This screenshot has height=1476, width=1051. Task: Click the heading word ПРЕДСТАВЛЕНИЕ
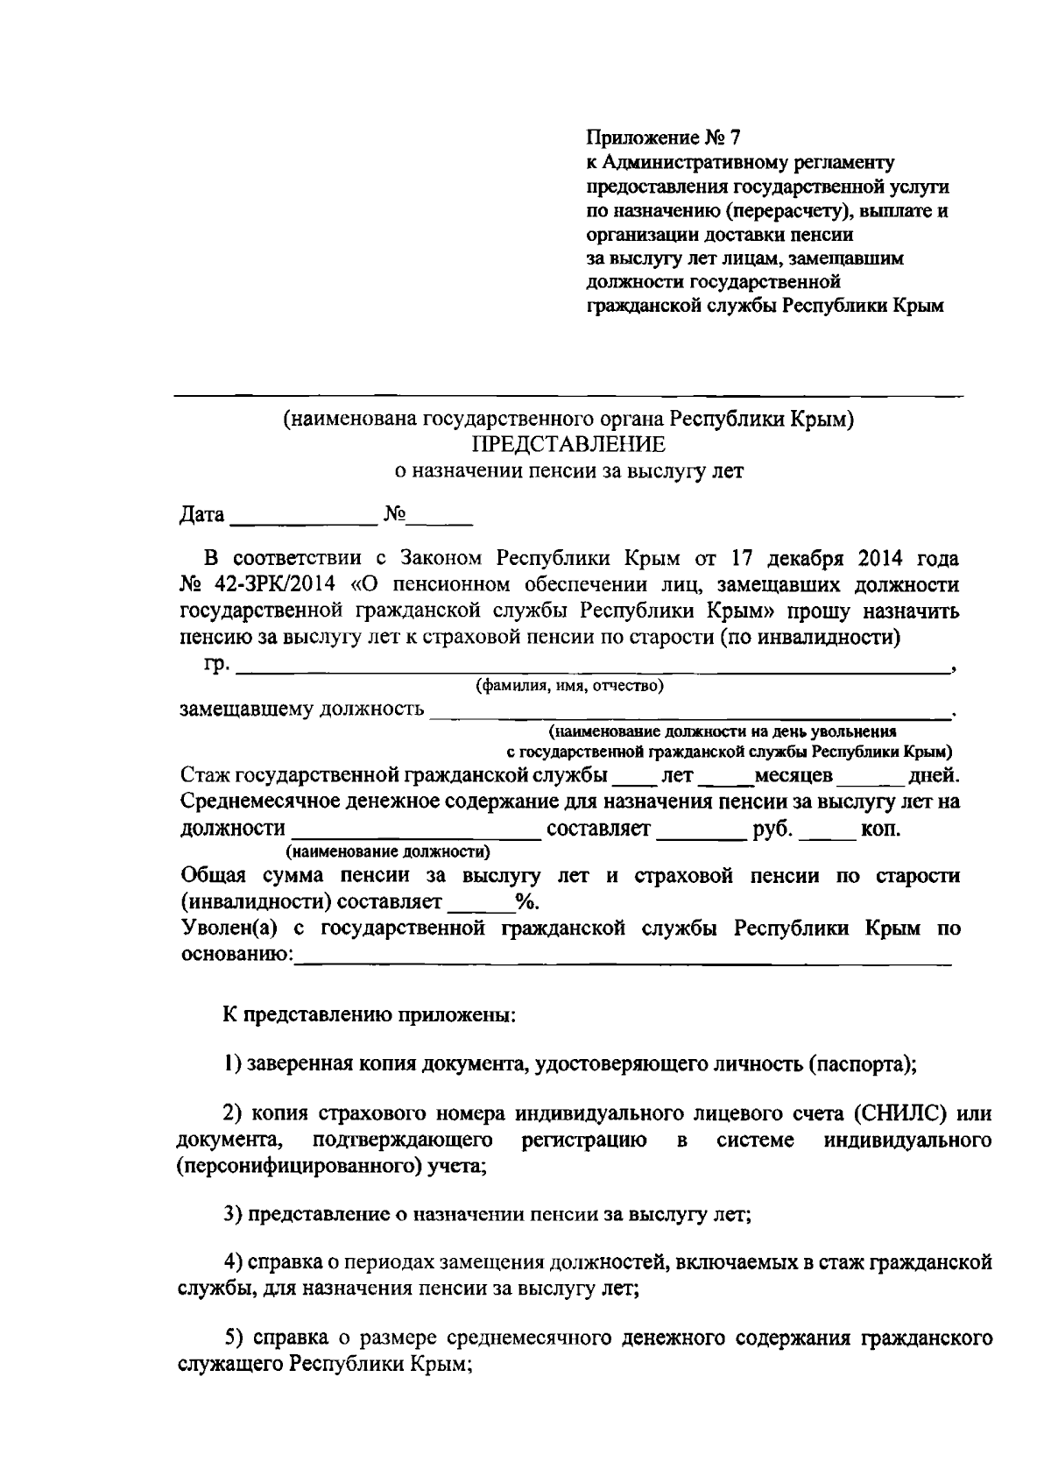(x=568, y=444)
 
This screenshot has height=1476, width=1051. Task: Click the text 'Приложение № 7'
(x=663, y=138)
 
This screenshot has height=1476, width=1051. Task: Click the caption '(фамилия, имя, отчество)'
(x=569, y=685)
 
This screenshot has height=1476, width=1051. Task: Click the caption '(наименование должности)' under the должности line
(x=386, y=851)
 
